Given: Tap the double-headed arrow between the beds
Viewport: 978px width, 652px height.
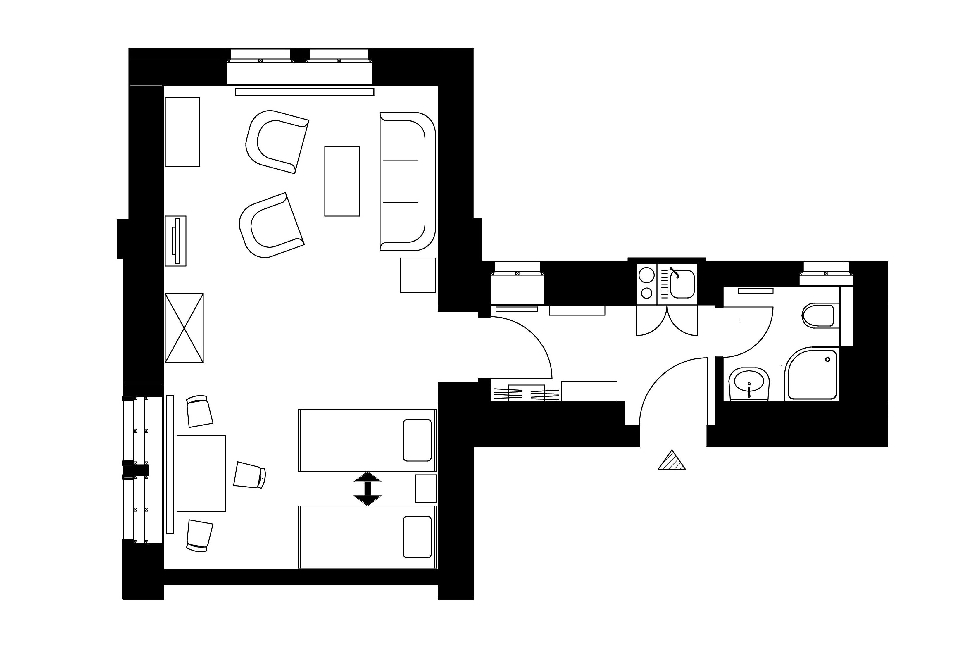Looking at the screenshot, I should (x=367, y=489).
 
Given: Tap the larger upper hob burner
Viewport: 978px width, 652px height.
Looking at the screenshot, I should (x=647, y=275).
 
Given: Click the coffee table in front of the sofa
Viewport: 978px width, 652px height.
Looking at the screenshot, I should (x=342, y=181).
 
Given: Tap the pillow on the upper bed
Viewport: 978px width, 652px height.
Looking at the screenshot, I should (x=417, y=440).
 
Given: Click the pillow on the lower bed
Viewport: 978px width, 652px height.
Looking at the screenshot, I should (x=417, y=537).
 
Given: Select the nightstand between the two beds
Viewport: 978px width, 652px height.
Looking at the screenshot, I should (x=426, y=489).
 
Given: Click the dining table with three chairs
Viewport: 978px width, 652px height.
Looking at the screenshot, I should (x=201, y=474).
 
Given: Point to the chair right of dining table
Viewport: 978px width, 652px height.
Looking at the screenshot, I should (x=249, y=475).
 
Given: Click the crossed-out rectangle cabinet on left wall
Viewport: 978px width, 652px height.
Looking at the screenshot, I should (x=184, y=328).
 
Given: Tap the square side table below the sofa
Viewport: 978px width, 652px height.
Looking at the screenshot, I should (x=418, y=275).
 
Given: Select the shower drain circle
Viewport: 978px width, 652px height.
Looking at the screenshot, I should (x=827, y=360).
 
